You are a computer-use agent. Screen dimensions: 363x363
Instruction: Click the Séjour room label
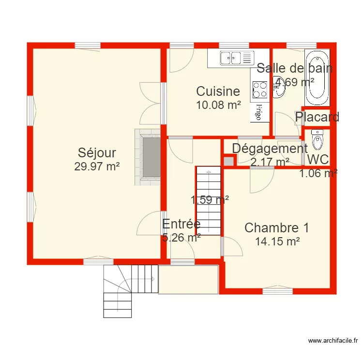pyautogui.click(x=97, y=153)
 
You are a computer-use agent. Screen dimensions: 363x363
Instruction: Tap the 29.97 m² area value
pyautogui.click(x=97, y=166)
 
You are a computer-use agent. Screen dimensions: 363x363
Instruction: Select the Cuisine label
pyautogui.click(x=218, y=91)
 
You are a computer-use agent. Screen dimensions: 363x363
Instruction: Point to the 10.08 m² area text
pyautogui.click(x=218, y=104)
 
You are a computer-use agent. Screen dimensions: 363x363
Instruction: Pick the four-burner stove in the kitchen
pyautogui.click(x=260, y=90)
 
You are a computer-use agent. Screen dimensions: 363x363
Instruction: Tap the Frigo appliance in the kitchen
pyautogui.click(x=259, y=112)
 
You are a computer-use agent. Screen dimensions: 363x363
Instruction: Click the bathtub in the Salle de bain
pyautogui.click(x=317, y=77)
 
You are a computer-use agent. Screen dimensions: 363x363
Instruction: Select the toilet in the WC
pyautogui.click(x=318, y=140)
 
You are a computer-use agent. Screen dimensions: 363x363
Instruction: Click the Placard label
pyautogui.click(x=317, y=117)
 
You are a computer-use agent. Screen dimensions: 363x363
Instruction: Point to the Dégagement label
pyautogui.click(x=270, y=149)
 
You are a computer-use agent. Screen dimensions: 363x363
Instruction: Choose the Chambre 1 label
pyautogui.click(x=276, y=227)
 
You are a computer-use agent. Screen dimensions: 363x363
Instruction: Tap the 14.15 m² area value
pyautogui.click(x=277, y=241)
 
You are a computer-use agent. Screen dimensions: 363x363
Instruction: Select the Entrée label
pyautogui.click(x=181, y=224)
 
